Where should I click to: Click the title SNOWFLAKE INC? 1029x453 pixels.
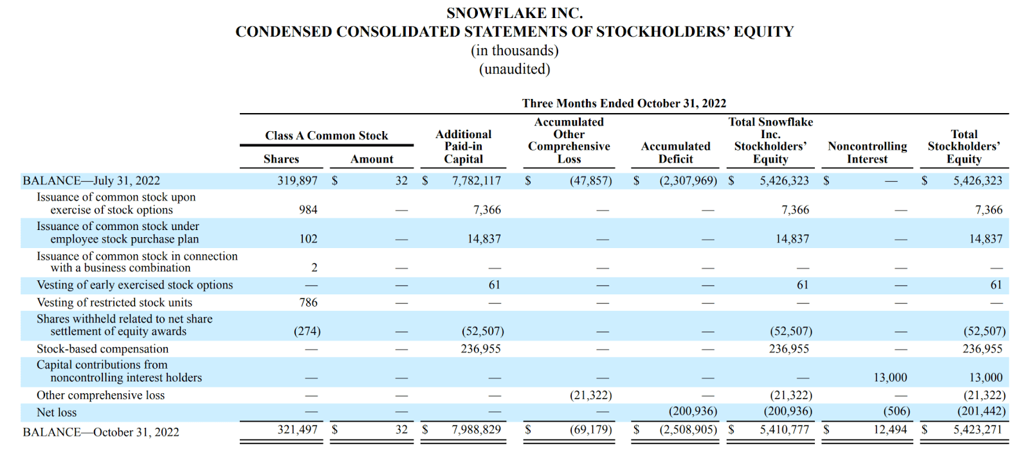[514, 13]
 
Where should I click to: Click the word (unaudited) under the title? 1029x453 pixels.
[514, 69]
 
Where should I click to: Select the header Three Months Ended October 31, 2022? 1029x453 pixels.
[624, 103]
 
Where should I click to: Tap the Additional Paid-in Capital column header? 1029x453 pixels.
[463, 147]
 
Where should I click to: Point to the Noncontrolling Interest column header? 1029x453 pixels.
[867, 153]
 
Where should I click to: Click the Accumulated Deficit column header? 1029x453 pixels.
[675, 153]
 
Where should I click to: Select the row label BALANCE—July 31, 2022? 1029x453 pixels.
[91, 181]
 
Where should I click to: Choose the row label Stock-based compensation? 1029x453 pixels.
[102, 349]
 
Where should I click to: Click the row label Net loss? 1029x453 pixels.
[57, 413]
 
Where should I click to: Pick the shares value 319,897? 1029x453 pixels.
[297, 181]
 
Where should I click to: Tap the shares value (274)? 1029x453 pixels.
[307, 332]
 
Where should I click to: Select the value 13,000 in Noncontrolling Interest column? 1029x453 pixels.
[890, 378]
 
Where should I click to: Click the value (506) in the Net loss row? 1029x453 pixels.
[897, 411]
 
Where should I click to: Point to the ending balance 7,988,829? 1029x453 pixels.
[476, 430]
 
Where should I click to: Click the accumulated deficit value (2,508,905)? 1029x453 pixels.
[688, 430]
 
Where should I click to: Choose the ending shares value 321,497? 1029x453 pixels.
[297, 430]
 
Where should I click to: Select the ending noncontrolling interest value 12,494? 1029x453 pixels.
[890, 430]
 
